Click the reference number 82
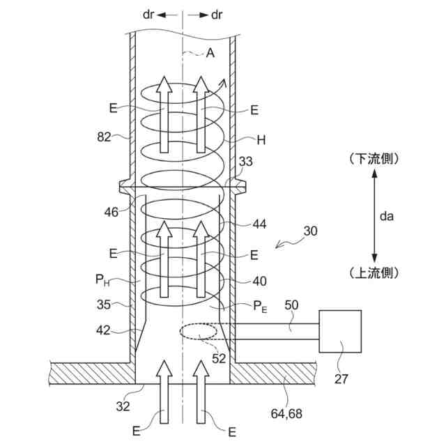(104, 137)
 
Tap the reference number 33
(245, 162)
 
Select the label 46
(111, 212)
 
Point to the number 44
(259, 224)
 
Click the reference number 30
(310, 231)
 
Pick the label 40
(259, 282)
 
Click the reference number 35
(104, 305)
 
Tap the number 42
(103, 330)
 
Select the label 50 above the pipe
(291, 305)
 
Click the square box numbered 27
(340, 332)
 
